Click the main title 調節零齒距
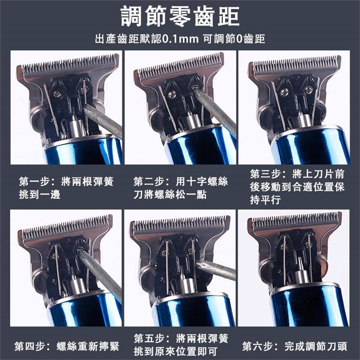(180, 16)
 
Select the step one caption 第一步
(34, 181)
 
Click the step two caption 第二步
(149, 181)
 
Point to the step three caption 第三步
(265, 174)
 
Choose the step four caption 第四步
(30, 346)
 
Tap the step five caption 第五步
(149, 338)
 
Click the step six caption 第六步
(258, 346)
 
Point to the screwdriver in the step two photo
(214, 110)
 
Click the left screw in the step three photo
(285, 92)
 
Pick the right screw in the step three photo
(308, 90)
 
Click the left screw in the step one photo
(57, 94)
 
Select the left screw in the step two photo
(172, 94)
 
